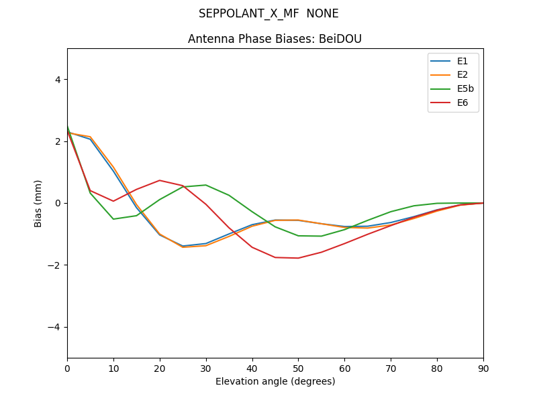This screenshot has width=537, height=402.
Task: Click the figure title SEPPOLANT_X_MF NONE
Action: [x=268, y=14]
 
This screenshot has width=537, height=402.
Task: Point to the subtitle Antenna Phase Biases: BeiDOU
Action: [x=275, y=39]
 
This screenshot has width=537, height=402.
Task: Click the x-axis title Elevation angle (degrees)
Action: [x=275, y=381]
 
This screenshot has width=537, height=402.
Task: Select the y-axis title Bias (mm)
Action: [x=38, y=203]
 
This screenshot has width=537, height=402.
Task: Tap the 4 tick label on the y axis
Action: [x=58, y=80]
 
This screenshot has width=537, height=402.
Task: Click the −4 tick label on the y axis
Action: [x=55, y=327]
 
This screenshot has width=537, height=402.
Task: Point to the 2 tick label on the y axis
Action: [x=58, y=141]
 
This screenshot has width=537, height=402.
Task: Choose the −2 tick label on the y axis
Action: [x=55, y=265]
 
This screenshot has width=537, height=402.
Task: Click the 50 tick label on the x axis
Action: [x=298, y=368]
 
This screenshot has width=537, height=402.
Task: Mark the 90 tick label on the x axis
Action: [x=483, y=368]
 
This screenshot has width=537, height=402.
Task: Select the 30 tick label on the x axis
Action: [x=206, y=368]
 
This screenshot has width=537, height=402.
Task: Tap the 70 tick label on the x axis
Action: [x=391, y=368]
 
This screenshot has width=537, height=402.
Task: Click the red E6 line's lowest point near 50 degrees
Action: [x=298, y=258]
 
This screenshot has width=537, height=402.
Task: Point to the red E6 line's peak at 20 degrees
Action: [x=160, y=180]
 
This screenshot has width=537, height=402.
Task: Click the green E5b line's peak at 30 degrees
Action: [x=206, y=185]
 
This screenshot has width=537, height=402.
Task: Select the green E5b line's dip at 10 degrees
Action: [x=113, y=219]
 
